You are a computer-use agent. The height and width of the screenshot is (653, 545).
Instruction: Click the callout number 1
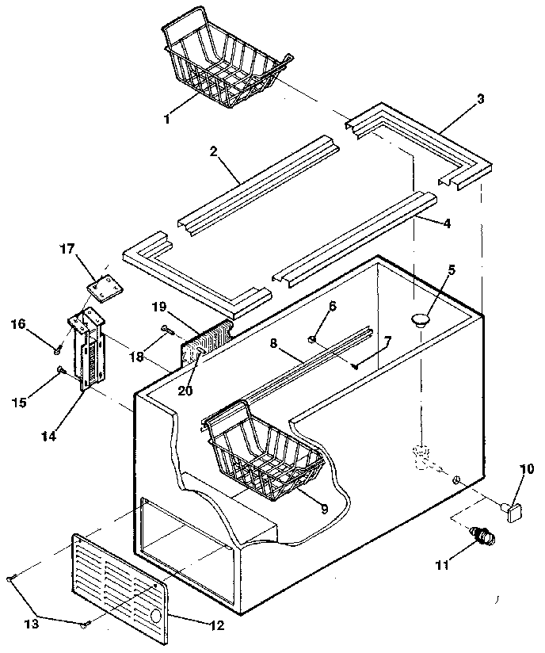pos(167,119)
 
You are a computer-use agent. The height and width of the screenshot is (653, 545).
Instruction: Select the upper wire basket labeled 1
pos(227,67)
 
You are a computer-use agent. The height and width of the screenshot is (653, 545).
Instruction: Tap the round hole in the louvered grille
pos(155,615)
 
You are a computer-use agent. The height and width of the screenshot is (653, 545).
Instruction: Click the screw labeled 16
pos(58,348)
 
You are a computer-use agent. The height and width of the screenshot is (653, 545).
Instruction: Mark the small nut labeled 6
pos(313,340)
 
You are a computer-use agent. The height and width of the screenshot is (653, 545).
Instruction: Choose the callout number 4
pos(447,223)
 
